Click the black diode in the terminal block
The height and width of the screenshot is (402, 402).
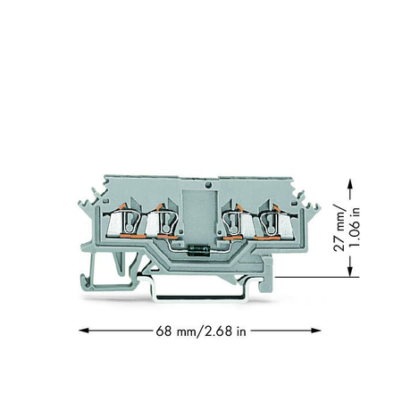198,250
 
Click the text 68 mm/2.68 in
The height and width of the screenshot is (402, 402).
201,331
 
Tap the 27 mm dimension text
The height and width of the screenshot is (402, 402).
339,228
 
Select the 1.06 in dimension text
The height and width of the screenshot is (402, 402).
355,227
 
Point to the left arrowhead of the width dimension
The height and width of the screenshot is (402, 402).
84,331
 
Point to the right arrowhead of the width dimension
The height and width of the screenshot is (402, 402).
315,331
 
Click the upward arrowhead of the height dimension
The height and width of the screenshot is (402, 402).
350,184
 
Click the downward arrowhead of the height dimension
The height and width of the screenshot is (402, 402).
350,272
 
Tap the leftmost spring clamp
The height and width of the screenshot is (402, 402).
124,222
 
